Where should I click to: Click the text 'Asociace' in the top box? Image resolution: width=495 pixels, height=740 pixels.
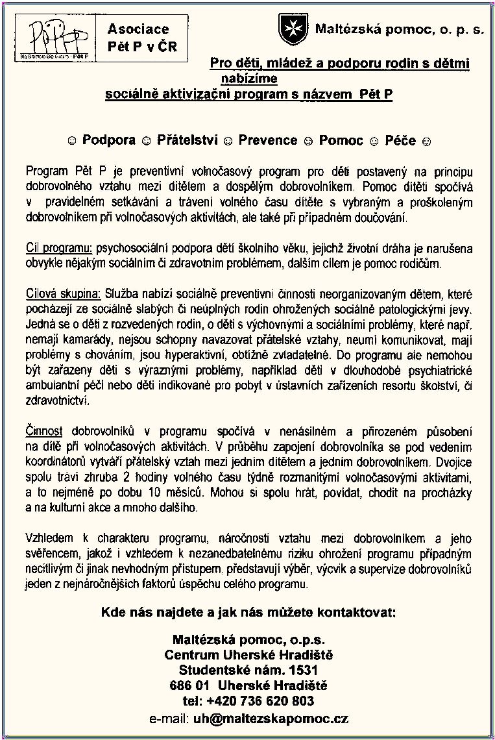tap(138, 29)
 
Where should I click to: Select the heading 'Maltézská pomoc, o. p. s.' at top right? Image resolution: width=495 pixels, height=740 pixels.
tap(400, 30)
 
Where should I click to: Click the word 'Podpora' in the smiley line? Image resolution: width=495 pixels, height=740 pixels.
tap(109, 140)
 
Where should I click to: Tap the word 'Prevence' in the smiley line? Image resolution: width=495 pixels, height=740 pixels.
tap(267, 140)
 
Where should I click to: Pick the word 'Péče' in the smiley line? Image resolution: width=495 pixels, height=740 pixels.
tap(400, 140)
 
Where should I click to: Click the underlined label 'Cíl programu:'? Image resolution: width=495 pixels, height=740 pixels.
tap(60, 249)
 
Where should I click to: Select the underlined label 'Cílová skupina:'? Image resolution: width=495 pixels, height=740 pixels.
tap(64, 293)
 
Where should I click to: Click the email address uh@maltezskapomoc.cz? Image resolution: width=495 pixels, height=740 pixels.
tap(271, 719)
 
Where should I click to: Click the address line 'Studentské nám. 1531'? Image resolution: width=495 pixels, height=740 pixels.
tap(248, 670)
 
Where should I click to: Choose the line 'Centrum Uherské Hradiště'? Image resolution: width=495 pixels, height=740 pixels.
tap(248, 654)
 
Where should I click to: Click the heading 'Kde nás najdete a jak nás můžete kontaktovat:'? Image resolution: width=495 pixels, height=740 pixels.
tap(248, 613)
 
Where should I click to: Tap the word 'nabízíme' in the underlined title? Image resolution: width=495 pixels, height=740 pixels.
tap(248, 79)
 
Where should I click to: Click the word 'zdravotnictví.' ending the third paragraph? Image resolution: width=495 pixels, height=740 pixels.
tap(58, 401)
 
